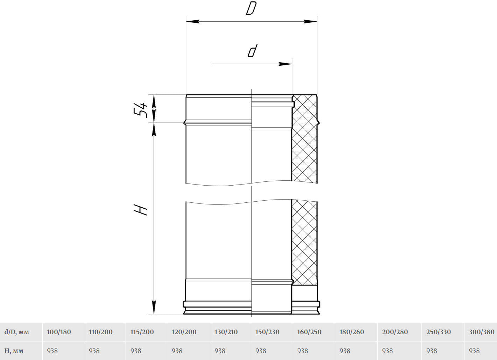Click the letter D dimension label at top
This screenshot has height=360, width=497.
click(251, 8)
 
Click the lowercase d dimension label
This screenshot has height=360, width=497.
click(253, 51)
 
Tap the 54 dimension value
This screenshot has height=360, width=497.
click(140, 110)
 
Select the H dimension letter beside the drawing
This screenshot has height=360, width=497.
click(141, 210)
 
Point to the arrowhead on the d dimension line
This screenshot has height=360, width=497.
click(285, 64)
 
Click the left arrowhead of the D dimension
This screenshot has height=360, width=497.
click(193, 22)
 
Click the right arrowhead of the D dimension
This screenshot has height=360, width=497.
click(310, 22)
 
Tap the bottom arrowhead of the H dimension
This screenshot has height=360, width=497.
click(154, 307)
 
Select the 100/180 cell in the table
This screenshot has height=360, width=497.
click(59, 332)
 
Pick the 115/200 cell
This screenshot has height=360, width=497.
click(142, 332)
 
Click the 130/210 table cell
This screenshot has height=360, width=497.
click(226, 332)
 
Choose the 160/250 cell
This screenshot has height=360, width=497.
click(309, 332)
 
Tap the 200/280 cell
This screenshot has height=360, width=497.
click(395, 332)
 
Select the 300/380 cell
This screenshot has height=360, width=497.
click(482, 332)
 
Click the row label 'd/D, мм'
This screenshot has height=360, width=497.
click(17, 332)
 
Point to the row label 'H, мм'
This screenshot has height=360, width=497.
click(14, 351)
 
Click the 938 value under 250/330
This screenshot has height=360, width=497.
click(432, 351)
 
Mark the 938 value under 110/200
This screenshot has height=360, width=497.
click(94, 351)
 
